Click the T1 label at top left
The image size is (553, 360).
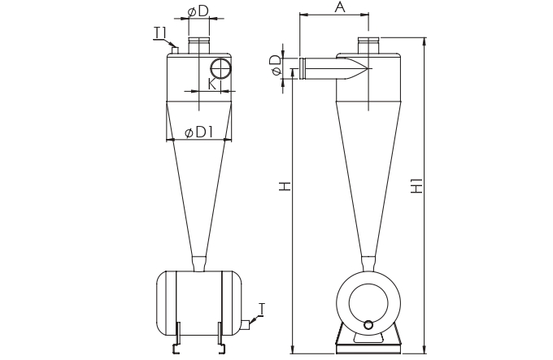click(x=159, y=33)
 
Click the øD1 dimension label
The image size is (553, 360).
click(x=199, y=132)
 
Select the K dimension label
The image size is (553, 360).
click(x=211, y=84)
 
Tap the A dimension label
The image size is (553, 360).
click(x=340, y=7)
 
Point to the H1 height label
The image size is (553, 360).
click(x=417, y=185)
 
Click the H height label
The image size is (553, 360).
click(x=285, y=186)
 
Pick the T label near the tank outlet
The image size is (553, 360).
click(x=261, y=309)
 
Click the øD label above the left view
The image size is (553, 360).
click(x=198, y=11)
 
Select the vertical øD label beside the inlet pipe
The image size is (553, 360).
click(x=276, y=65)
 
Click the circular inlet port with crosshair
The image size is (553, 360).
click(x=220, y=68)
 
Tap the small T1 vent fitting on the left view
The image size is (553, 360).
click(x=175, y=50)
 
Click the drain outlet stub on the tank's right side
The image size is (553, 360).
click(x=246, y=325)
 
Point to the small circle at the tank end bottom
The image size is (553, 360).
click(x=368, y=324)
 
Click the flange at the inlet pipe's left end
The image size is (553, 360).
click(x=303, y=68)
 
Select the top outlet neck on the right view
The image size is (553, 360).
click(x=368, y=46)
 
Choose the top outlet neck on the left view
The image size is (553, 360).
click(x=199, y=46)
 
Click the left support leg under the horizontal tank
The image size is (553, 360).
click(x=177, y=337)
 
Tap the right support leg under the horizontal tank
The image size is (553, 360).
click(x=221, y=337)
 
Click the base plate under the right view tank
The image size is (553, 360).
click(x=368, y=349)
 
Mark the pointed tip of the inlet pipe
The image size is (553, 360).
click(x=368, y=68)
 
